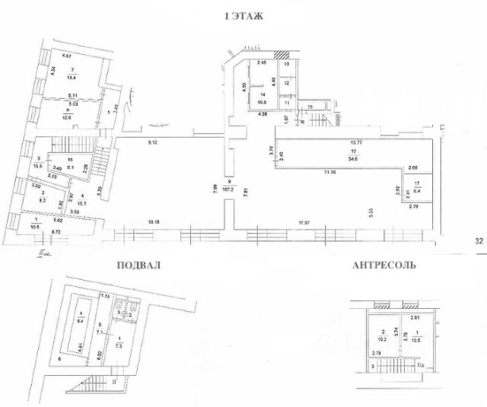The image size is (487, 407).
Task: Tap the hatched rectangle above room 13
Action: (282, 56)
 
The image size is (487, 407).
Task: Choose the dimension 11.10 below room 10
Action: (329, 174)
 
